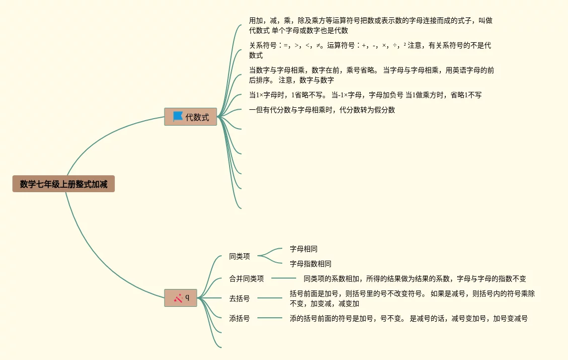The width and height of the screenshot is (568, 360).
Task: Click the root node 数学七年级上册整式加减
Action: (64, 184)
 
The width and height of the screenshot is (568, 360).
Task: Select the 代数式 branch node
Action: (197, 117)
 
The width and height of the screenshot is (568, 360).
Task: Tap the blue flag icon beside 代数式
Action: (178, 117)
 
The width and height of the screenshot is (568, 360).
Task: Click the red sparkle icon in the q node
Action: (178, 298)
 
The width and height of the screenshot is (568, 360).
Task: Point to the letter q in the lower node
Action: (187, 297)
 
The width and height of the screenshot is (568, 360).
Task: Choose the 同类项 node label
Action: (240, 257)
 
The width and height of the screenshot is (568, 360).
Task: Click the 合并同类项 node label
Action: (246, 279)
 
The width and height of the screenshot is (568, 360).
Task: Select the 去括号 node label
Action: (240, 298)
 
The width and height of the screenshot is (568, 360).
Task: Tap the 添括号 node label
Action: (240, 318)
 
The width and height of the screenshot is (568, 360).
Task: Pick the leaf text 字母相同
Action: (304, 249)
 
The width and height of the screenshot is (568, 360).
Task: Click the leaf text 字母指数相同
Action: (311, 264)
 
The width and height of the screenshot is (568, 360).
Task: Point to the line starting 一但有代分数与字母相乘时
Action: (322, 110)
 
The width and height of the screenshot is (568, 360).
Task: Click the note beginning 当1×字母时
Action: (365, 95)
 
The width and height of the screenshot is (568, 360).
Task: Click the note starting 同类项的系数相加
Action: (414, 279)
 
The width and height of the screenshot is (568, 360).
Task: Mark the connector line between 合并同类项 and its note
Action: (284, 278)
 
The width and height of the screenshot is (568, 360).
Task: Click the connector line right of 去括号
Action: (270, 298)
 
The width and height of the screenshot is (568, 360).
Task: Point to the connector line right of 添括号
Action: (270, 318)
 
